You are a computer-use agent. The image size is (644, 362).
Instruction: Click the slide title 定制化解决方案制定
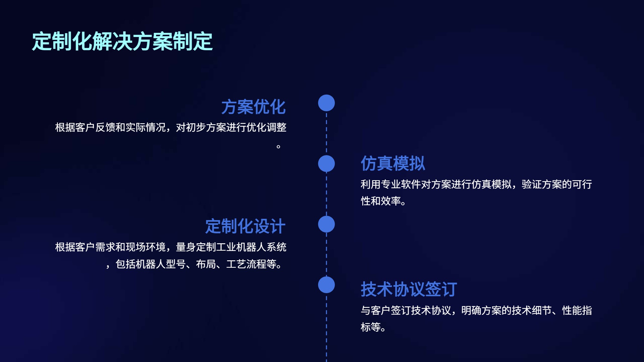(x=122, y=41)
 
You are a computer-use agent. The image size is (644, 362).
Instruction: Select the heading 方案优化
(x=253, y=107)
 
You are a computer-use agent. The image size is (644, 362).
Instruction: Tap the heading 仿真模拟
(x=393, y=163)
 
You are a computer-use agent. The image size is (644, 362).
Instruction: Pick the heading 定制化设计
(x=245, y=226)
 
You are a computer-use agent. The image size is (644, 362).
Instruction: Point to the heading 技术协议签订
(x=409, y=289)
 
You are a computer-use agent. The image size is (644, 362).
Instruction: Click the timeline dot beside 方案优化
(x=327, y=103)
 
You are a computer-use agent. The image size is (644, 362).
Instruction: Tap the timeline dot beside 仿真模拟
(x=327, y=163)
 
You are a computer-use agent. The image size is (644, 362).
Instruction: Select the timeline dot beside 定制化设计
(x=327, y=224)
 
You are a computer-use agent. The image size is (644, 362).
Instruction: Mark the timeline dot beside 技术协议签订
(x=327, y=285)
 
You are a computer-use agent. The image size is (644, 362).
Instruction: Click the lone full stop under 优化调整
(x=279, y=147)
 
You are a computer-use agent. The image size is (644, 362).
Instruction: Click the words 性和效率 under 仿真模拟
(x=381, y=201)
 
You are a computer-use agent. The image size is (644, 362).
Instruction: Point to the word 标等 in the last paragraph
(x=371, y=327)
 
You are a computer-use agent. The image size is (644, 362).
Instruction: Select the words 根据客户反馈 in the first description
(x=85, y=127)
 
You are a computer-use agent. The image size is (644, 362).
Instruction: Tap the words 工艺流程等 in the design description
(x=251, y=264)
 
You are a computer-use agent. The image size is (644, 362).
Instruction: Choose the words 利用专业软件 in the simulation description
(x=391, y=184)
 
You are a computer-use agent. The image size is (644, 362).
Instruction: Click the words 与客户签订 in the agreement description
(x=385, y=311)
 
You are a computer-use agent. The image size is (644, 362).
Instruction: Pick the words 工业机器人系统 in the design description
(x=251, y=247)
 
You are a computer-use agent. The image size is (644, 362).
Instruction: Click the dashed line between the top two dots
(x=327, y=133)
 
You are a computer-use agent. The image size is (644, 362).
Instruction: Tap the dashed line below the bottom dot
(x=327, y=328)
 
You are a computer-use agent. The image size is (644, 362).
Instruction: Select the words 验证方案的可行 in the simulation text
(x=557, y=184)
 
